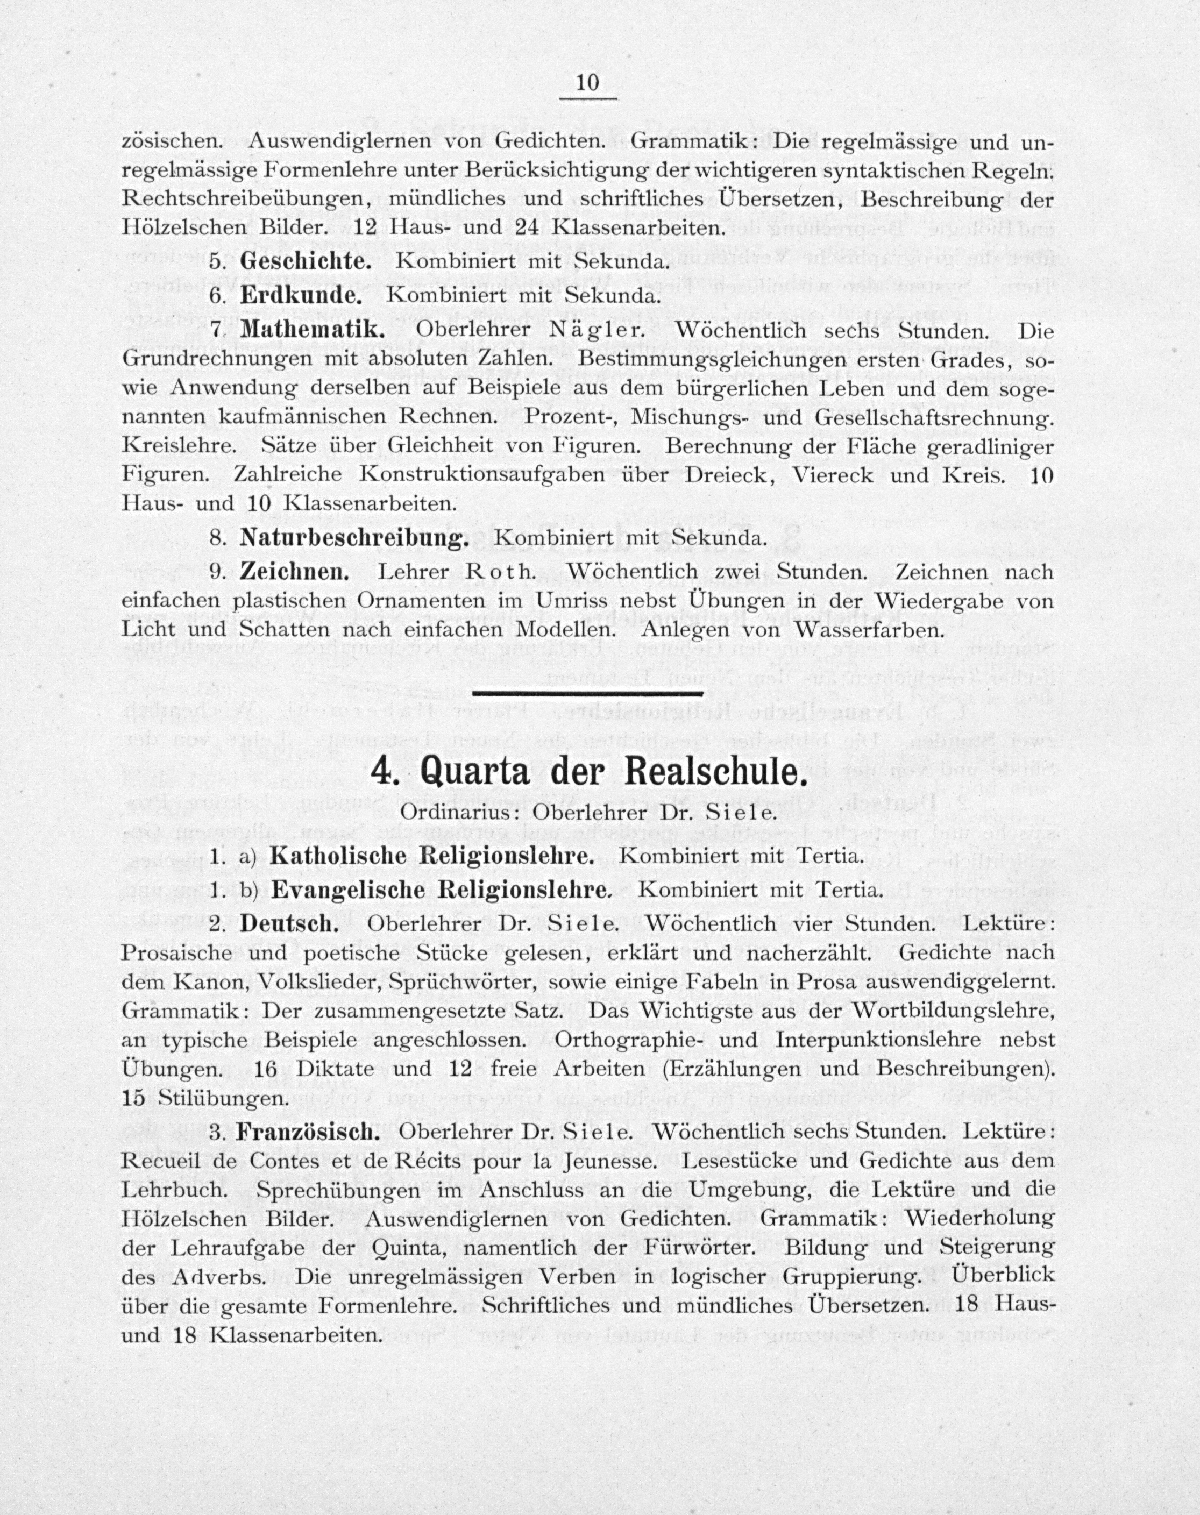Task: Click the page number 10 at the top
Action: (587, 83)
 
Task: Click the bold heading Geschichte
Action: (306, 261)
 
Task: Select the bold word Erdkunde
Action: (301, 296)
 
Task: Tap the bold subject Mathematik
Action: (312, 330)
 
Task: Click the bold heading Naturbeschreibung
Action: (354, 537)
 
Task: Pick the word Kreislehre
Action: (184, 447)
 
